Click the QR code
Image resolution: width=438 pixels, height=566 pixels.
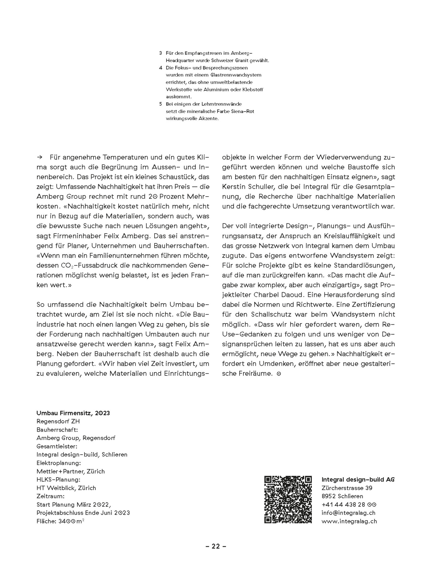click(x=288, y=499)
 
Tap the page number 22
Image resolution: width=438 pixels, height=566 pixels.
click(x=216, y=546)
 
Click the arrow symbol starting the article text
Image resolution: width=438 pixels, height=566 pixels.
click(x=39, y=157)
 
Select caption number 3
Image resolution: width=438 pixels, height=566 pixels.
click(x=160, y=53)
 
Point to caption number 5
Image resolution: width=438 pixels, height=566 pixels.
click(x=160, y=104)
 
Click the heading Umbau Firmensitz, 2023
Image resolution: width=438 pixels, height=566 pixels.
click(x=73, y=413)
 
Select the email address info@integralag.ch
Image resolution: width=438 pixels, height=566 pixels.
click(x=348, y=513)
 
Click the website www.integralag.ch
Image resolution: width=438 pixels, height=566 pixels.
click(x=349, y=521)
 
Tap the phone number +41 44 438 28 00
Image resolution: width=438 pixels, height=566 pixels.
click(x=349, y=504)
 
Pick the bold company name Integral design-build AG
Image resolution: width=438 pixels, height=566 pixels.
click(x=358, y=479)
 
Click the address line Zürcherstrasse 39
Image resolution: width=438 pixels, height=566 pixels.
click(x=347, y=488)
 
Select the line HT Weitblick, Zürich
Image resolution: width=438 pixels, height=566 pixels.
click(x=66, y=488)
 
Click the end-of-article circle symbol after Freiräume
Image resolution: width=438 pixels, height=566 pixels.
click(x=279, y=374)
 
